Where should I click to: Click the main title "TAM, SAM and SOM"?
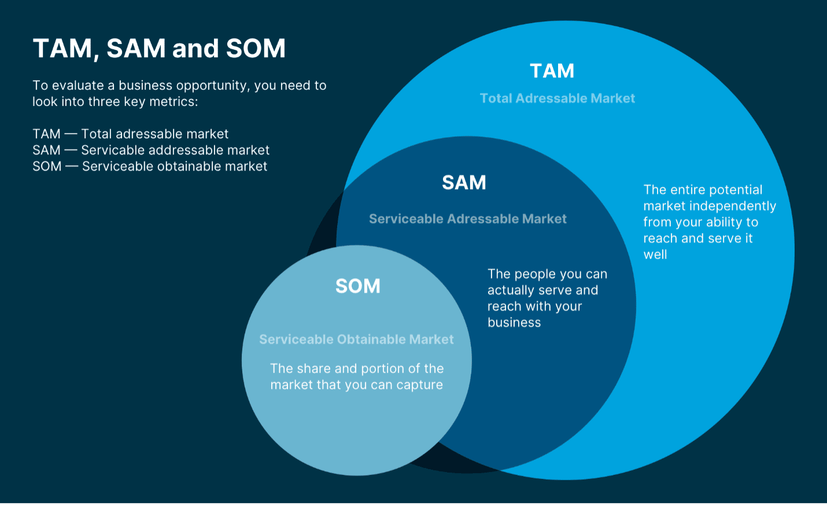coord(159,49)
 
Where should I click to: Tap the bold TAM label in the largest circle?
coord(552,71)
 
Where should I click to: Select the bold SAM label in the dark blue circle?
coord(464,183)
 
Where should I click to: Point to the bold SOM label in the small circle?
coord(357,286)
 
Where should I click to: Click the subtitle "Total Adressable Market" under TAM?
coord(557,98)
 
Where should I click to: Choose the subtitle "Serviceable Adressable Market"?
coord(467,219)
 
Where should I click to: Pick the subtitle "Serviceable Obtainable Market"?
coord(356,340)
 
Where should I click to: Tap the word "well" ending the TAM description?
coord(655,255)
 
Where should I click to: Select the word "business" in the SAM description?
coord(514,323)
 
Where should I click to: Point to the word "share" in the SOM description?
coord(314,368)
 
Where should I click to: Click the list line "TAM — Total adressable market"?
coord(130,134)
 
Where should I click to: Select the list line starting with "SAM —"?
coord(151,150)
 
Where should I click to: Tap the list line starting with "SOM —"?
coord(150,167)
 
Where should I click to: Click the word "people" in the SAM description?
coord(536,274)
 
